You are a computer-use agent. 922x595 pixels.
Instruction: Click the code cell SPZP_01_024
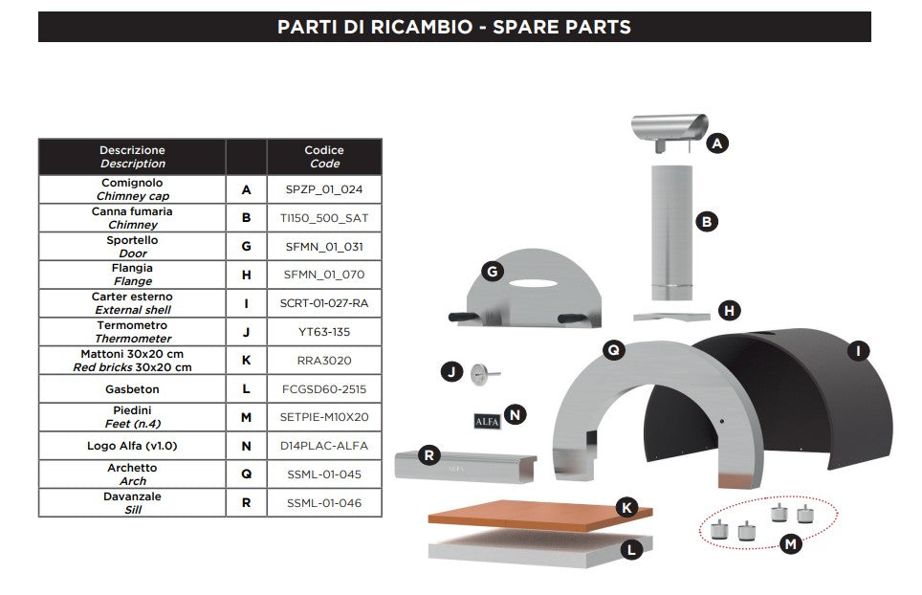point(324,189)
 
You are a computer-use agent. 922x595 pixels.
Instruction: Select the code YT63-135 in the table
point(324,332)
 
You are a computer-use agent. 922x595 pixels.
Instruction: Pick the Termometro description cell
point(132,332)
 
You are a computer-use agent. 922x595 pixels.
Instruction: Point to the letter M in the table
point(247,417)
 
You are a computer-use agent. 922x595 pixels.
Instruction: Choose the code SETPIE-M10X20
point(324,417)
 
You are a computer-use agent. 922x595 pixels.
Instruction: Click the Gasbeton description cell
point(132,389)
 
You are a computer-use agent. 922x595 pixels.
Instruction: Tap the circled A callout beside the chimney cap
point(716,143)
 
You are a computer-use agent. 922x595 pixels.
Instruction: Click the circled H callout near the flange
point(729,311)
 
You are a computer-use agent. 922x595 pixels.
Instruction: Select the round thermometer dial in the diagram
point(480,372)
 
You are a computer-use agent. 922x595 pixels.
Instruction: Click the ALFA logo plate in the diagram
point(487,421)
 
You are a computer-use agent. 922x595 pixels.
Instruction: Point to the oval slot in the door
point(533,283)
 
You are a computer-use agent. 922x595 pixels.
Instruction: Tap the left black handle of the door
point(464,318)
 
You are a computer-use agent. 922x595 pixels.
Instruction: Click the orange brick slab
point(539,515)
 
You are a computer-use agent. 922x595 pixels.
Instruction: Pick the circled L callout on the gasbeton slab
point(631,550)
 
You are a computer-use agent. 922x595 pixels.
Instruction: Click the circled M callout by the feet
point(790,544)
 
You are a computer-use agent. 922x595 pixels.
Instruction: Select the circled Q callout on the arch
point(613,350)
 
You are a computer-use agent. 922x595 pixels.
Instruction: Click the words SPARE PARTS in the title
point(561,27)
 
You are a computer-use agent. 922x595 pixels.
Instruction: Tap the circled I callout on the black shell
point(858,352)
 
